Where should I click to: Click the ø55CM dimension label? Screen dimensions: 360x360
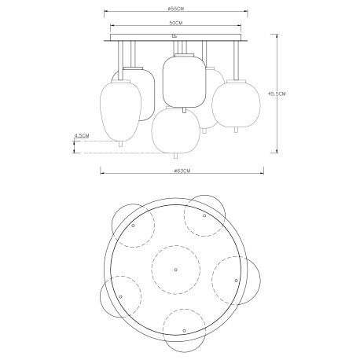pos(177,7)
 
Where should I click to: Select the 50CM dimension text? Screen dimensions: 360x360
pos(177,24)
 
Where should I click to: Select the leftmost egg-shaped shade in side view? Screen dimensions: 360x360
pos(118,110)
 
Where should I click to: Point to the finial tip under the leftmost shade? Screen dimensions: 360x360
pos(119,145)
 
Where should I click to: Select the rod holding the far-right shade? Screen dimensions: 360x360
pos(234,58)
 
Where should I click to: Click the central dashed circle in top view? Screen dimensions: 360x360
pos(174,268)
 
